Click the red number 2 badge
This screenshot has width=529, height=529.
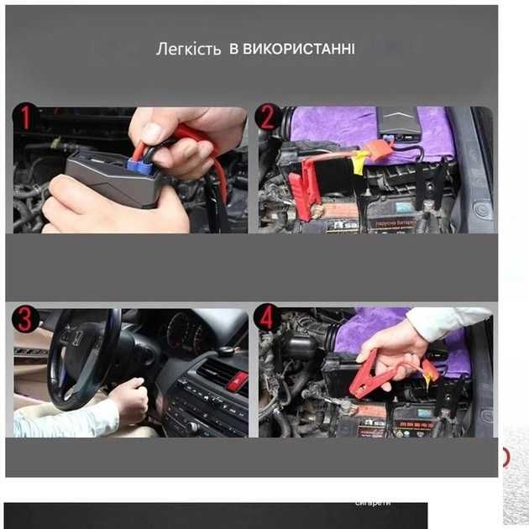click(x=268, y=118)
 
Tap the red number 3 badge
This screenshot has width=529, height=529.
click(x=25, y=320)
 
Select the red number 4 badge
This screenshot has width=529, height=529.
click(x=269, y=317)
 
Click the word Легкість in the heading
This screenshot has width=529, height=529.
click(x=190, y=49)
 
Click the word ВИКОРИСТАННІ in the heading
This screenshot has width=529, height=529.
click(x=298, y=49)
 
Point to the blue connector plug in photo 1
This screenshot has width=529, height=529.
click(x=142, y=168)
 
